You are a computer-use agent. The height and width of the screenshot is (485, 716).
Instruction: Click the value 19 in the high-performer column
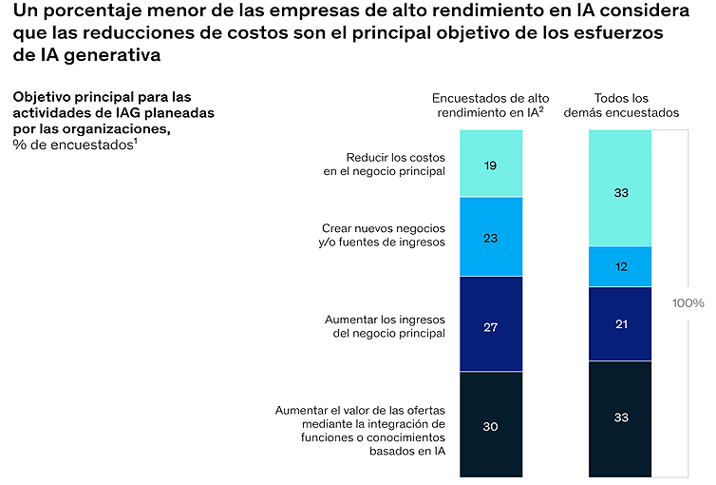[x=490, y=165]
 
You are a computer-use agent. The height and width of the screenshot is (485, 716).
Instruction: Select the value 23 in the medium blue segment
[x=490, y=238]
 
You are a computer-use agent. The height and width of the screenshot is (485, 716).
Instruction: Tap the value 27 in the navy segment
[x=490, y=327]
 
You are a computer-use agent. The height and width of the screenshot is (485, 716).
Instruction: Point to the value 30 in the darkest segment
[x=490, y=426]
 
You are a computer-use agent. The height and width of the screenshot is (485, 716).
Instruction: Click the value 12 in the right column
[x=621, y=266]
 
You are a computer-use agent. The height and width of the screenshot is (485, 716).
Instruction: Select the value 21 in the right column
[x=621, y=324]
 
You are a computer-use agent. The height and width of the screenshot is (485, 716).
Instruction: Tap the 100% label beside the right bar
[x=688, y=302]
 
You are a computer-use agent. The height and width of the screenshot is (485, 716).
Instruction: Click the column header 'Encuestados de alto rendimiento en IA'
[x=490, y=106]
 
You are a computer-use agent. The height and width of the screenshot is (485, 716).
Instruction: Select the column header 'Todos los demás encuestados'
[x=621, y=106]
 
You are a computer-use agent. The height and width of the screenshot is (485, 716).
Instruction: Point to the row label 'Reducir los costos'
[x=395, y=157]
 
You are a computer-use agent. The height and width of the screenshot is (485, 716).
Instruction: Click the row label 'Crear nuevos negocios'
[x=384, y=228]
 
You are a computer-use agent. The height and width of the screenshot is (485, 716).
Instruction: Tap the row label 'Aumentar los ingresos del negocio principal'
[x=385, y=326]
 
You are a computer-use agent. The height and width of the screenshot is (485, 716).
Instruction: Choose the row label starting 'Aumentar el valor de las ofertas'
[x=360, y=431]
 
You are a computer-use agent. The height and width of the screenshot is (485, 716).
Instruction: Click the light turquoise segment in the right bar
[x=620, y=188]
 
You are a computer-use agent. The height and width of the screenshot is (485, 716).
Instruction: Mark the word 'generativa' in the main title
[x=112, y=55]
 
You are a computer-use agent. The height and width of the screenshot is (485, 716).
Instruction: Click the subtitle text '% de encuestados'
[x=75, y=145]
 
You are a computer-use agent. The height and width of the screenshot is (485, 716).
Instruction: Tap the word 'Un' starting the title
[x=25, y=10]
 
